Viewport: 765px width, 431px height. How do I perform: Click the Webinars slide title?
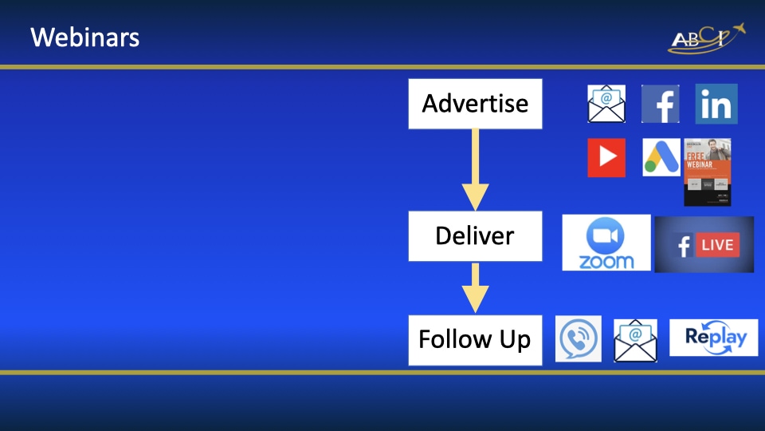pyautogui.click(x=84, y=37)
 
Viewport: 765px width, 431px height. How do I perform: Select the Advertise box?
pyautogui.click(x=475, y=104)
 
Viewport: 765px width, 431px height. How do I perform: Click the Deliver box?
pyautogui.click(x=475, y=236)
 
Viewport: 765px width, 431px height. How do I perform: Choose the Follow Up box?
pyautogui.click(x=475, y=340)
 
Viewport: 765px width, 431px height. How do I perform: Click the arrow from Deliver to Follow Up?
pyautogui.click(x=476, y=287)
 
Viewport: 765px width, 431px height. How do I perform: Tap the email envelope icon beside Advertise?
pyautogui.click(x=606, y=104)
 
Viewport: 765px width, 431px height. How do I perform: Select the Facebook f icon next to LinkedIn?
pyautogui.click(x=661, y=105)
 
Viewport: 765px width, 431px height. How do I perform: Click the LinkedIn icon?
pyautogui.click(x=716, y=105)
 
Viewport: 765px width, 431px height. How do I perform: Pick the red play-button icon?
pyautogui.click(x=606, y=158)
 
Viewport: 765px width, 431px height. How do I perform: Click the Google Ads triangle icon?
pyautogui.click(x=661, y=158)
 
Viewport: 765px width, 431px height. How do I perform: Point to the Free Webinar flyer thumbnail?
pyautogui.click(x=707, y=172)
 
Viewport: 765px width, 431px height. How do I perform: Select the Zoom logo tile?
pyautogui.click(x=606, y=243)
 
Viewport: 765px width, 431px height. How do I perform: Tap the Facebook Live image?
pyautogui.click(x=704, y=244)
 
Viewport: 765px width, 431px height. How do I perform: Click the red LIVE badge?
pyautogui.click(x=716, y=245)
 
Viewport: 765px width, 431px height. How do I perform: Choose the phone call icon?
pyautogui.click(x=579, y=339)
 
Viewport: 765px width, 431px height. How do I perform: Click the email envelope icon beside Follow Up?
pyautogui.click(x=635, y=341)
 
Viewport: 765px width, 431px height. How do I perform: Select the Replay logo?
pyautogui.click(x=713, y=338)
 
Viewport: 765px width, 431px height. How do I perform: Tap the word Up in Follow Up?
pyautogui.click(x=516, y=341)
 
